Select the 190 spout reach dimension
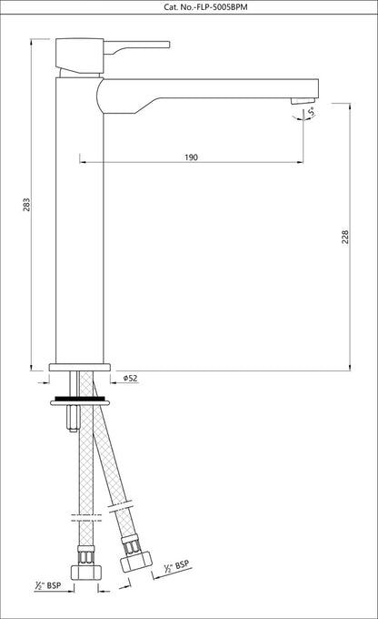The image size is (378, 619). click(x=191, y=157)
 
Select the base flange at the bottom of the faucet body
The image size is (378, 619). click(x=82, y=369)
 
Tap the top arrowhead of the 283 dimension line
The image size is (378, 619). click(x=31, y=42)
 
